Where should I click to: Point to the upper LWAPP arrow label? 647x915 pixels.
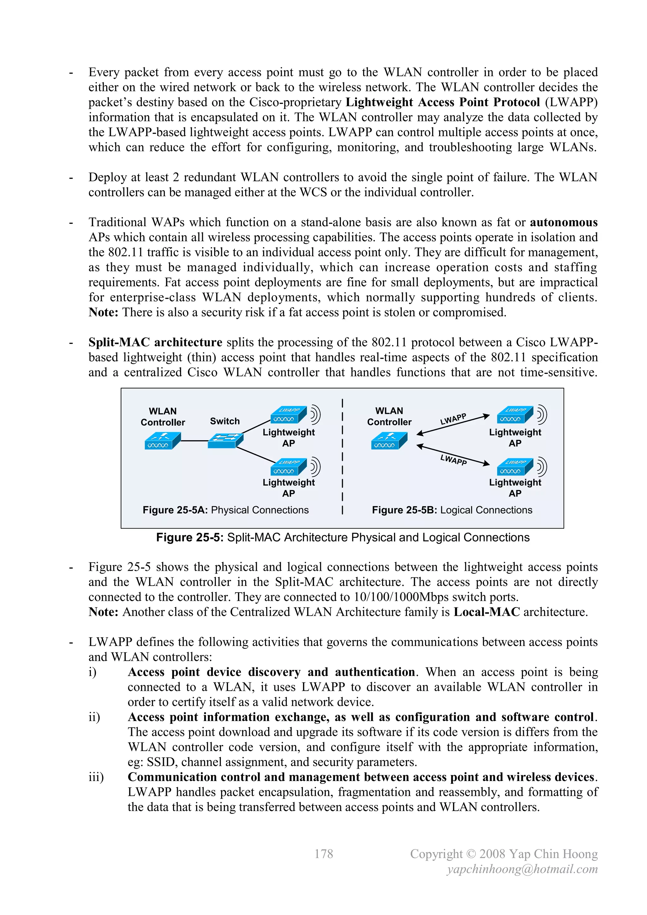point(453,419)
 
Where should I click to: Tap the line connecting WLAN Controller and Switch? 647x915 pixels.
point(194,441)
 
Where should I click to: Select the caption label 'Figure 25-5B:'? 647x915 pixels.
point(404,510)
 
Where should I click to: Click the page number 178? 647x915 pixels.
point(323,854)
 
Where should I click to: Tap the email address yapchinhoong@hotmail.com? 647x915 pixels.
point(522,869)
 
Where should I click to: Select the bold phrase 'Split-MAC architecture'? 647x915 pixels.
point(155,342)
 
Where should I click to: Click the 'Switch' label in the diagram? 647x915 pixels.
point(225,421)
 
